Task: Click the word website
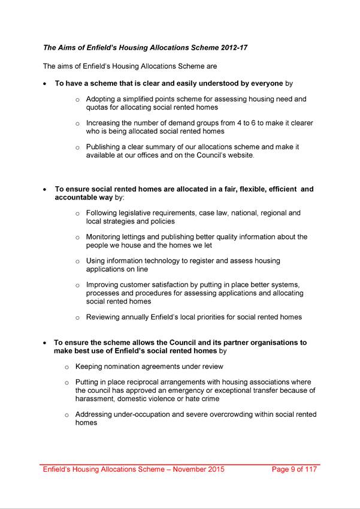pos(238,156)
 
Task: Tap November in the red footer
pos(191,469)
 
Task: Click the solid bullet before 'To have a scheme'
pos(46,84)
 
